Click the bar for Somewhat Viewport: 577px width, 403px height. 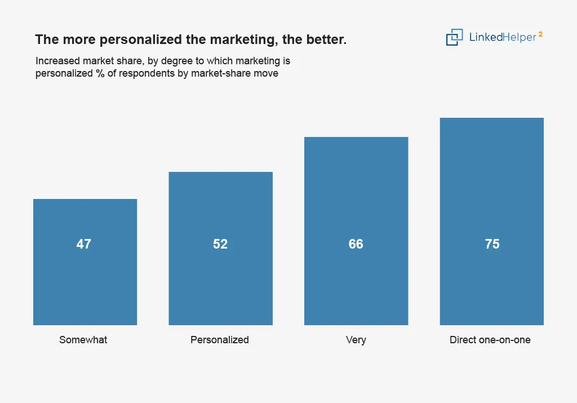click(x=85, y=262)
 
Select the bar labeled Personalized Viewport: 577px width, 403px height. click(x=221, y=249)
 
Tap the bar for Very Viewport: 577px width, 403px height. click(x=356, y=231)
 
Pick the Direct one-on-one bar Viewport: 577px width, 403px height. click(x=491, y=222)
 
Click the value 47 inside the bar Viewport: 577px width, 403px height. click(x=84, y=244)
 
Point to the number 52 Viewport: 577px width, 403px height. click(x=220, y=244)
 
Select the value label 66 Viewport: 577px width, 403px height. click(x=356, y=244)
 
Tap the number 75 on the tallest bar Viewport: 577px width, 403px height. click(x=492, y=244)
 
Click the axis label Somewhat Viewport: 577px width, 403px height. click(x=83, y=340)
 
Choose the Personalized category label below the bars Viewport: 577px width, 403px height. click(x=220, y=340)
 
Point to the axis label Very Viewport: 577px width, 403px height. click(x=356, y=340)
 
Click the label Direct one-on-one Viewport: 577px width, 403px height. click(x=490, y=340)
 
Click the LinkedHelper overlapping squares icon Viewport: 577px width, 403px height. click(x=455, y=37)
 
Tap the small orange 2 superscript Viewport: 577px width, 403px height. click(x=540, y=34)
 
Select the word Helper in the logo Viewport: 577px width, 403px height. click(x=520, y=37)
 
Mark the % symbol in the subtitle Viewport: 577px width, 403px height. click(x=100, y=73)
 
